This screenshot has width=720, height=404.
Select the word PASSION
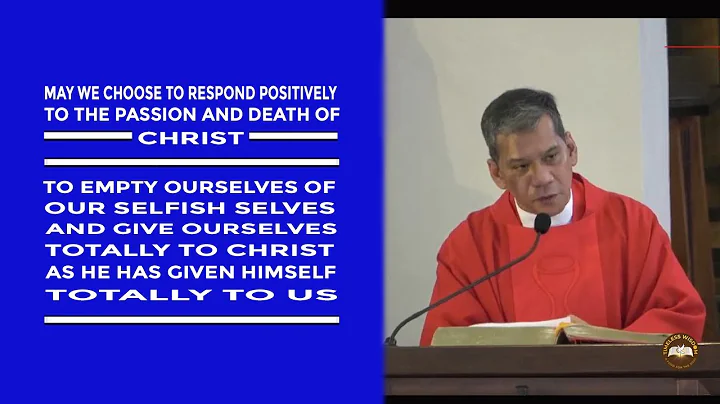click(x=164, y=115)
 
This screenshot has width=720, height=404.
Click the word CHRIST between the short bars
click(x=190, y=138)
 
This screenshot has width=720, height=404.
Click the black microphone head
click(x=541, y=222)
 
